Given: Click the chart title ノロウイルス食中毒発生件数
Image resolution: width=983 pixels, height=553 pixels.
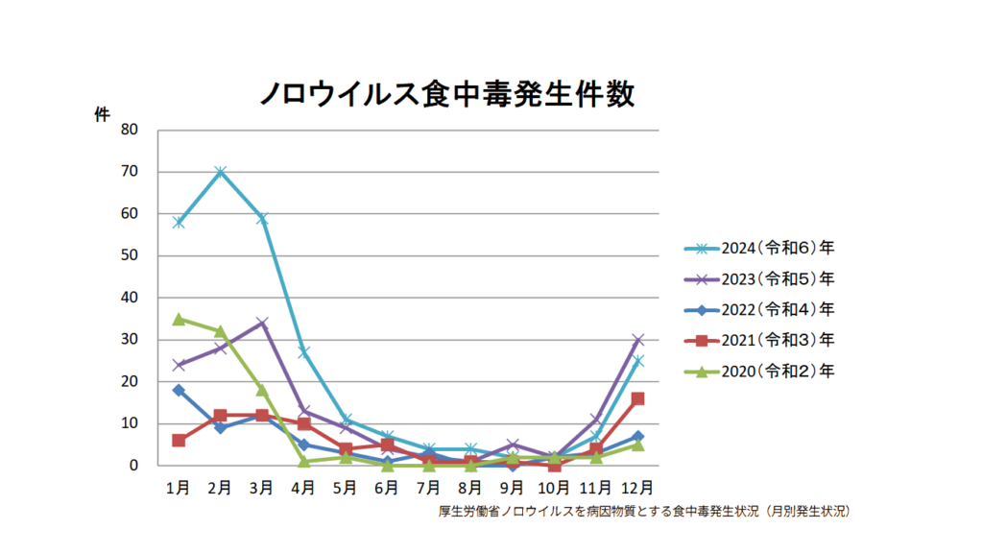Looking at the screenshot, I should pyautogui.click(x=447, y=94).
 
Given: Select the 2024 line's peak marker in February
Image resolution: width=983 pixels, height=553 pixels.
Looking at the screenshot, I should pyautogui.click(x=220, y=172).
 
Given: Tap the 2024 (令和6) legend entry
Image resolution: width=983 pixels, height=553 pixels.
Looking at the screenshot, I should pyautogui.click(x=758, y=248).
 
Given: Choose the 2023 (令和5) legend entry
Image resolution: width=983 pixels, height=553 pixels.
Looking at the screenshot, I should pyautogui.click(x=758, y=278).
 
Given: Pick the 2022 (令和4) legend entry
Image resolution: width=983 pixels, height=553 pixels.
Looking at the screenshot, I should pyautogui.click(x=758, y=309).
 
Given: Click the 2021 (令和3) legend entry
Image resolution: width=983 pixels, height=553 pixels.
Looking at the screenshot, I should pyautogui.click(x=758, y=340).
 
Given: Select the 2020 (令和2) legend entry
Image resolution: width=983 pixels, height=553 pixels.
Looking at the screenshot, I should pyautogui.click(x=758, y=371).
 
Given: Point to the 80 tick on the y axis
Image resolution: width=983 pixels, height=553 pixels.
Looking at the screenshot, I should pyautogui.click(x=129, y=130).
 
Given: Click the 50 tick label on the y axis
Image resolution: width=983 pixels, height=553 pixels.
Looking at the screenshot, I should pyautogui.click(x=129, y=255).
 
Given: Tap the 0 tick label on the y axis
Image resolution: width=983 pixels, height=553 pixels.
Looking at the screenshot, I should pyautogui.click(x=133, y=466).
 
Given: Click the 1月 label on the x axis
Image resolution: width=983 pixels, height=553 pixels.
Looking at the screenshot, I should pyautogui.click(x=178, y=488).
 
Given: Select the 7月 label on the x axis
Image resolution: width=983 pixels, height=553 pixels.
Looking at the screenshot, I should pyautogui.click(x=429, y=488).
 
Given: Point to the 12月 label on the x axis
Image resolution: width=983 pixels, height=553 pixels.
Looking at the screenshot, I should pyautogui.click(x=637, y=488).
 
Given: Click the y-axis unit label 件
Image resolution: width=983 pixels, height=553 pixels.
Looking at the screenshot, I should pyautogui.click(x=102, y=114).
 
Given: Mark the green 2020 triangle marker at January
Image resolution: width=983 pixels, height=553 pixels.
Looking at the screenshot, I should pyautogui.click(x=179, y=319).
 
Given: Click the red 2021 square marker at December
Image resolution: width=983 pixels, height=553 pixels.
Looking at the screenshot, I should pyautogui.click(x=637, y=398).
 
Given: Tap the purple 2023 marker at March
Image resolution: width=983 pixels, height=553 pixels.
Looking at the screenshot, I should pyautogui.click(x=262, y=323).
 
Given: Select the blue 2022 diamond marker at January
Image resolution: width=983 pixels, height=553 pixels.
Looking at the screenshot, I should pyautogui.click(x=179, y=390).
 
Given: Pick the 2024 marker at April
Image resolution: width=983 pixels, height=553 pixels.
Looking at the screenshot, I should pyautogui.click(x=303, y=352).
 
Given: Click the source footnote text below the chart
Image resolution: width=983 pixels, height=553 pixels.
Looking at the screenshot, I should pyautogui.click(x=643, y=512).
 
